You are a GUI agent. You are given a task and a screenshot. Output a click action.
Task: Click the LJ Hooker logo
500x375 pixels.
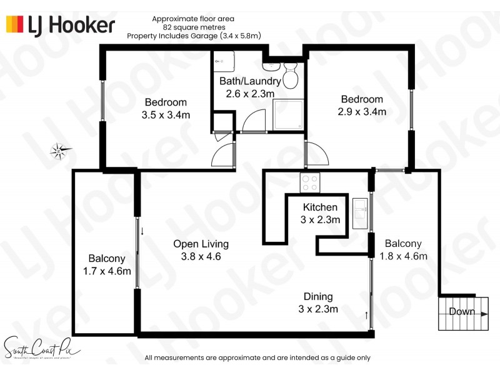tap(61, 25)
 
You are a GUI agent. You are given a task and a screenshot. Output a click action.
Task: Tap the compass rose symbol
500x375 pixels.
tap(61, 149)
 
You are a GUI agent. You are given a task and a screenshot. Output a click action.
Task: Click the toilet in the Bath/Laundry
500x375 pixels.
tap(290, 76)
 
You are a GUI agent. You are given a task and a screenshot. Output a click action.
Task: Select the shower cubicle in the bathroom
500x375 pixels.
tap(288, 116)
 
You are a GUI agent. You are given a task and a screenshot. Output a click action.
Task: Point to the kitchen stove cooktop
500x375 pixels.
tap(311, 182)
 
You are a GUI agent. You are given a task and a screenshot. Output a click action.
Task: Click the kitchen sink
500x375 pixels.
tap(361, 212)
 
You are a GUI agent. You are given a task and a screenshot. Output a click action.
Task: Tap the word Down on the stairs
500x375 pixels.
tap(462, 312)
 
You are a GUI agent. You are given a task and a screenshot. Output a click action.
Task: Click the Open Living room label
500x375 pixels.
tap(201, 244)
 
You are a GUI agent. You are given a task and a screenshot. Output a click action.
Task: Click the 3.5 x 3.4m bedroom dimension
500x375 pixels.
tap(166, 115)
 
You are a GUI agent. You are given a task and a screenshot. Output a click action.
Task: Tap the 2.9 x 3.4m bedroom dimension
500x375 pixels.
tap(362, 112)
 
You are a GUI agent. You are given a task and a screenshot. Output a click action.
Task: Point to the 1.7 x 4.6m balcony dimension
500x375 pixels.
tap(107, 271)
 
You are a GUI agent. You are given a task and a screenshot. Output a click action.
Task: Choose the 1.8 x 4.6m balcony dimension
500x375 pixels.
tap(403, 256)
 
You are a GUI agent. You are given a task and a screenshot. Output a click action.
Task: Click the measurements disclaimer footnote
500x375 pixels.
tap(257, 358)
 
